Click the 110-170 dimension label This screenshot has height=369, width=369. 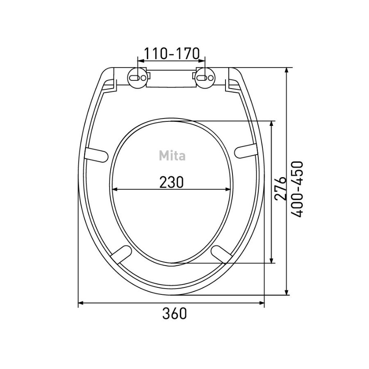(x=171, y=53)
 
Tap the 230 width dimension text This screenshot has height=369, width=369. (x=171, y=182)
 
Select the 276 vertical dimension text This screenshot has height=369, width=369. (x=280, y=188)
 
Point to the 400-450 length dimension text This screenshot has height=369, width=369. (x=296, y=189)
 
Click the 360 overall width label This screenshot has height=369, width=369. (x=175, y=313)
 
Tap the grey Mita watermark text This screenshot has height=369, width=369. (x=172, y=155)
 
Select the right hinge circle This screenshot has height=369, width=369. (x=205, y=78)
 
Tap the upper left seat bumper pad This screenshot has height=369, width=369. (x=96, y=155)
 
